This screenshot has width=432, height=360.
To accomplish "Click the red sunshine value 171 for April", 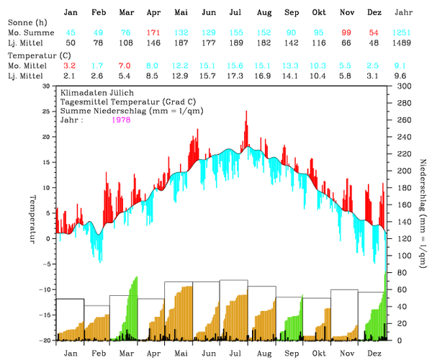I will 153,34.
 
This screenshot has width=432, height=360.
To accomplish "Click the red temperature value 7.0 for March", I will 125,66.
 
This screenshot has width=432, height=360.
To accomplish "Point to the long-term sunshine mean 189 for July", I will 235,44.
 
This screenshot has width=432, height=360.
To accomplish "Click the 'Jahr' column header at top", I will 405,13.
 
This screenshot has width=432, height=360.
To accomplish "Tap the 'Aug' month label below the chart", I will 264,354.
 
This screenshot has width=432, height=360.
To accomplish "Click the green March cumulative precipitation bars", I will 132,310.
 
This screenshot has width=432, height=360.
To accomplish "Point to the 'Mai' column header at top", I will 181,13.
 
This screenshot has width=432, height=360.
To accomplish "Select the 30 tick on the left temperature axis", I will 47,86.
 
